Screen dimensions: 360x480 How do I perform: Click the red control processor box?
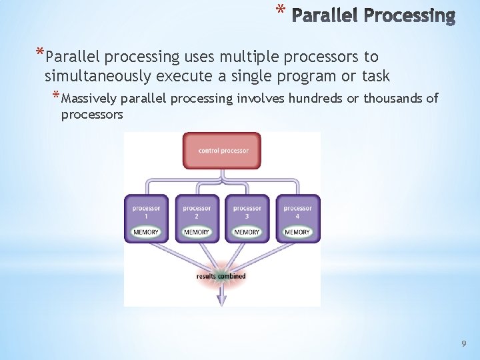coord(222,151)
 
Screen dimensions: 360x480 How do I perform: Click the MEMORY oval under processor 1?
coord(146,232)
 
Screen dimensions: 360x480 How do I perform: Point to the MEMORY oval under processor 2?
coord(197,232)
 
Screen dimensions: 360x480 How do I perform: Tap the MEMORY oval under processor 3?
coord(247,232)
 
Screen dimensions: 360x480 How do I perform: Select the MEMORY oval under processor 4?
coord(297,232)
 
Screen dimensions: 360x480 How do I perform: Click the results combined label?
coord(221,276)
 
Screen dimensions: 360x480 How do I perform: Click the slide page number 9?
coord(464,343)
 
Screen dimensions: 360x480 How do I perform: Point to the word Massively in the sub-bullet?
coord(89,99)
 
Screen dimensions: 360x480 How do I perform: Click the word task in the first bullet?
coord(375,76)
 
